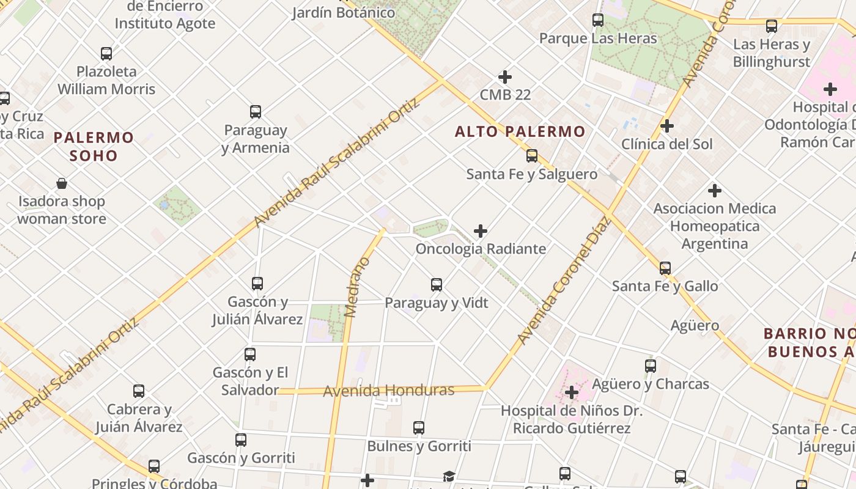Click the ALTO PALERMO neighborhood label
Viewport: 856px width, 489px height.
[x=520, y=131]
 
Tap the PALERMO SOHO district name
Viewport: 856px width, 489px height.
[x=94, y=146]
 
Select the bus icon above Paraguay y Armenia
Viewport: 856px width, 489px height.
[x=256, y=112]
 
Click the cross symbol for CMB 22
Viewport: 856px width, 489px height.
[x=505, y=77]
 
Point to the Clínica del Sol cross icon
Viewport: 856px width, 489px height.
[x=667, y=126]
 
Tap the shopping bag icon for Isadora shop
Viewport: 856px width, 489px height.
[x=62, y=183]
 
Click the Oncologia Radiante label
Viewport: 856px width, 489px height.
[x=481, y=249]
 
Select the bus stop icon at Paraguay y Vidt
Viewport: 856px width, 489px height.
[x=437, y=285]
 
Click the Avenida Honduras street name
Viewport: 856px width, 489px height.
[x=389, y=391]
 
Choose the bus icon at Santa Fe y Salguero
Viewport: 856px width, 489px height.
[x=532, y=156]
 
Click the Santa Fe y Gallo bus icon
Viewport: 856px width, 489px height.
[x=665, y=268]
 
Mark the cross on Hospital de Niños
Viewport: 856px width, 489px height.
[x=572, y=392]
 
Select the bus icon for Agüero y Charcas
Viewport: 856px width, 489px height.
[x=651, y=366]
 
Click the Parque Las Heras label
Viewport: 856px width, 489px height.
[x=598, y=39]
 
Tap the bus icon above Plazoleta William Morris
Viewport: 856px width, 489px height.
[x=106, y=54]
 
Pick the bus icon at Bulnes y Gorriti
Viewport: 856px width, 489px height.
[x=419, y=428]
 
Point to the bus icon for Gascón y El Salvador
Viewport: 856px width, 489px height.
[x=250, y=355]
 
